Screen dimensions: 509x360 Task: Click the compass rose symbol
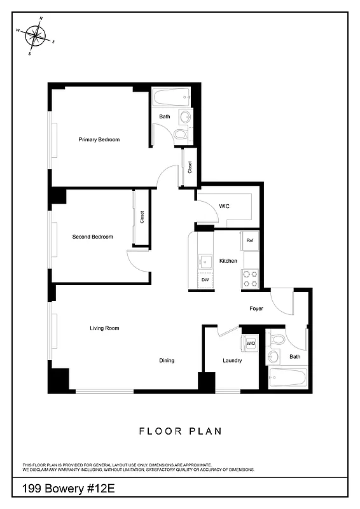36,36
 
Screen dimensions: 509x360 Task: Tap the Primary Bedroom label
99,139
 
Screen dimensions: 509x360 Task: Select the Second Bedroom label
93,237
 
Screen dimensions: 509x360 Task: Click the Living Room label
104,328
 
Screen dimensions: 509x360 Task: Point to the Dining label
167,361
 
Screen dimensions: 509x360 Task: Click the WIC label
224,206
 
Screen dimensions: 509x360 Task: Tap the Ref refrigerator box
250,240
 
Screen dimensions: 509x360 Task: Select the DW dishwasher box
205,280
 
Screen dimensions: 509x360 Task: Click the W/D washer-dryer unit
251,344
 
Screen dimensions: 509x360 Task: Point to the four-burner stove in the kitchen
251,278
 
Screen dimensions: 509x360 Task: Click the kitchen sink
205,260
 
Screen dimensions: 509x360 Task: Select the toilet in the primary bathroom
181,134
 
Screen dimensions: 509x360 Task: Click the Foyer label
256,309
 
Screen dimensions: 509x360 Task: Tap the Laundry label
232,361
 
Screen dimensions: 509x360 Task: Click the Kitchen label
228,261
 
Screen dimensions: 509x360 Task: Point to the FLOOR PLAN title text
181,431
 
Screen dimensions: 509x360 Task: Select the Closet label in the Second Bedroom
142,217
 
